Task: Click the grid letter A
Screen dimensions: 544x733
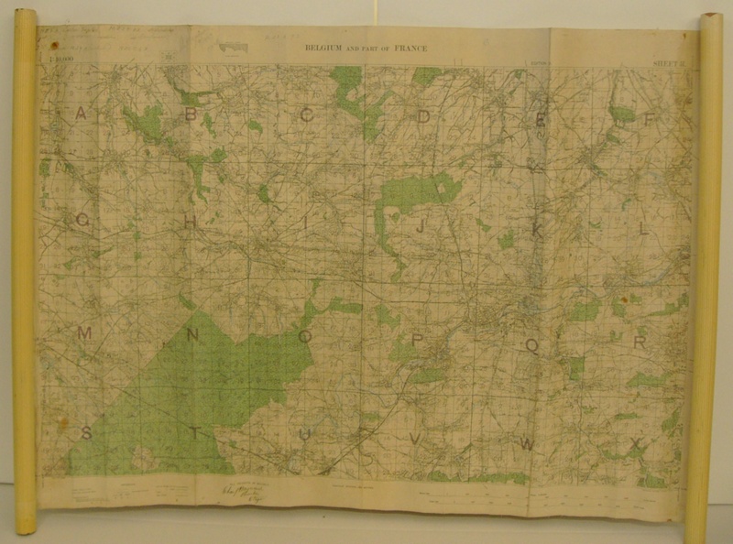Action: tap(81, 114)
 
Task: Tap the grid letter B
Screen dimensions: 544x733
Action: tap(191, 114)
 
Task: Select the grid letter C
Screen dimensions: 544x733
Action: tap(307, 114)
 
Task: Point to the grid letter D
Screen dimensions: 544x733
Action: tap(423, 116)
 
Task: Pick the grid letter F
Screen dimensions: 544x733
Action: tap(650, 119)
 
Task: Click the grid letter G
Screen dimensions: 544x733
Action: tap(82, 221)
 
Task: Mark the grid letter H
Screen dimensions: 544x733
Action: tap(191, 223)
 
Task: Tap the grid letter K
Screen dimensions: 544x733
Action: tap(538, 232)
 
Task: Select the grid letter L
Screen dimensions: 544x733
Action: tap(643, 229)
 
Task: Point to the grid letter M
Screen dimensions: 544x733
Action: tap(83, 333)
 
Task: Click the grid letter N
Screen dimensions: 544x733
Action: tap(192, 335)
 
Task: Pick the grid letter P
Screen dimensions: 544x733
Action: tap(418, 341)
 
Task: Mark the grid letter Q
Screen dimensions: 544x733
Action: tap(531, 344)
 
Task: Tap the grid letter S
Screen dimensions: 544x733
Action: tap(86, 433)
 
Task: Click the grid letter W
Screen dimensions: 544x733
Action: tap(527, 443)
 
